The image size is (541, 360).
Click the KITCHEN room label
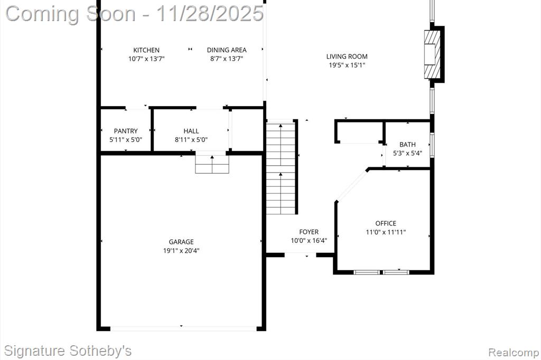(146, 50)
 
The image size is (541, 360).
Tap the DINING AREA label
(227, 50)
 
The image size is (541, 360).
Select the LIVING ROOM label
(347, 56)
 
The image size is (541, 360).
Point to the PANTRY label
(126, 131)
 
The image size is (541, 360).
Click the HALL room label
(191, 131)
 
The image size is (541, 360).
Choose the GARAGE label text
(181, 242)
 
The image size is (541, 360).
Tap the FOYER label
(309, 232)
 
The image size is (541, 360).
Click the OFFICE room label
(386, 223)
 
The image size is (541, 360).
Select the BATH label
(407, 145)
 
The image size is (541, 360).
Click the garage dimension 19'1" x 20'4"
(181, 251)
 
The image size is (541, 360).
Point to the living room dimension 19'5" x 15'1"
(347, 65)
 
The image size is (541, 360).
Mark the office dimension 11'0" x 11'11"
(386, 232)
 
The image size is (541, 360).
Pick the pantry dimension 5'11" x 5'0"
(126, 140)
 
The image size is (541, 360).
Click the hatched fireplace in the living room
(432, 54)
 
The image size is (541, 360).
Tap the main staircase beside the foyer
(281, 167)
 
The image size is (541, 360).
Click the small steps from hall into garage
(212, 164)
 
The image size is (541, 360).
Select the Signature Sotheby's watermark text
(68, 351)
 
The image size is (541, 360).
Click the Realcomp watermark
(514, 353)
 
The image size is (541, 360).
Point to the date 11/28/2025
(210, 14)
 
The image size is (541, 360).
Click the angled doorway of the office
(351, 185)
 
